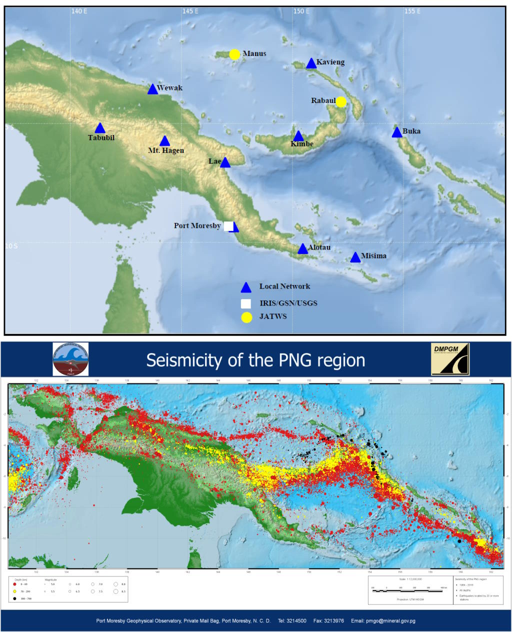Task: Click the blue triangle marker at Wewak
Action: (152, 89)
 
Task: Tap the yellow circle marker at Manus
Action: (234, 54)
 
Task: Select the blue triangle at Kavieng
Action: (311, 63)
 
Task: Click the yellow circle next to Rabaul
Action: (341, 102)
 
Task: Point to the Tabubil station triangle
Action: (100, 128)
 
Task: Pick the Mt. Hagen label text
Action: (166, 150)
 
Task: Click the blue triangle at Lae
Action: (225, 162)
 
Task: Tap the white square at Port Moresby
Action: (228, 226)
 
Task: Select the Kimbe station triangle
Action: (298, 136)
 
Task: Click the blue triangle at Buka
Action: (396, 132)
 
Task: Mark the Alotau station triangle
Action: (302, 249)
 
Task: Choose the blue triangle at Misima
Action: (355, 257)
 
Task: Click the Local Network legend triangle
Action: (246, 287)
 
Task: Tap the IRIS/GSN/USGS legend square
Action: (246, 303)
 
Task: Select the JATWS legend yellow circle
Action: (246, 317)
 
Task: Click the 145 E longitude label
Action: (190, 11)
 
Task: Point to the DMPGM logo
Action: (450, 358)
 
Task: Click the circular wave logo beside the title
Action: (70, 359)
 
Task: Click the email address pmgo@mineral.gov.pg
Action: (383, 621)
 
